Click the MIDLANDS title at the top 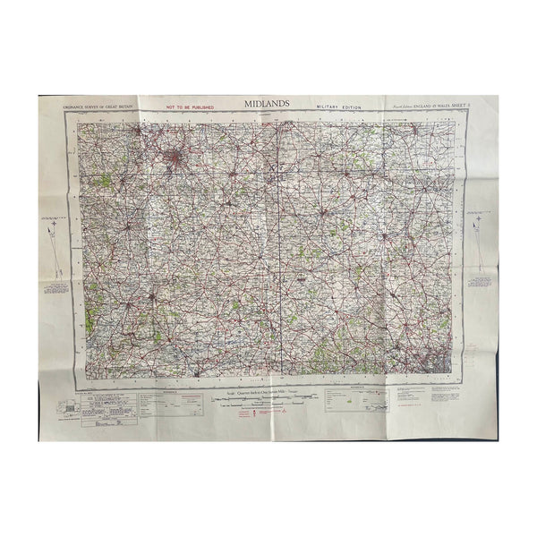268,103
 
